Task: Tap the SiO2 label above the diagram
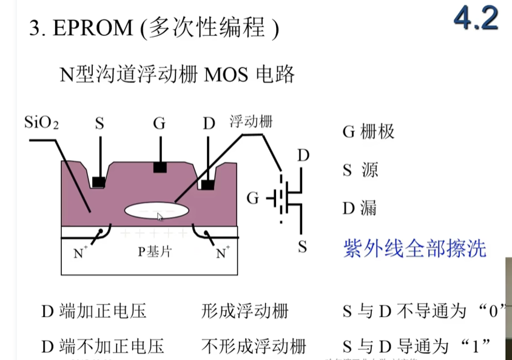click(41, 123)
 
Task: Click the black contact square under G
click(160, 167)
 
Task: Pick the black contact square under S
click(98, 181)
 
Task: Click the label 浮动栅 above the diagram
click(251, 122)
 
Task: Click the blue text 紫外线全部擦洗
click(415, 248)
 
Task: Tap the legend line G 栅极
click(369, 132)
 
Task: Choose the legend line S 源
click(360, 170)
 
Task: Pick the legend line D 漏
click(360, 208)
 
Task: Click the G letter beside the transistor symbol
click(254, 197)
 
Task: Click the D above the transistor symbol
click(303, 156)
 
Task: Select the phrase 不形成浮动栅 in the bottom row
click(254, 346)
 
